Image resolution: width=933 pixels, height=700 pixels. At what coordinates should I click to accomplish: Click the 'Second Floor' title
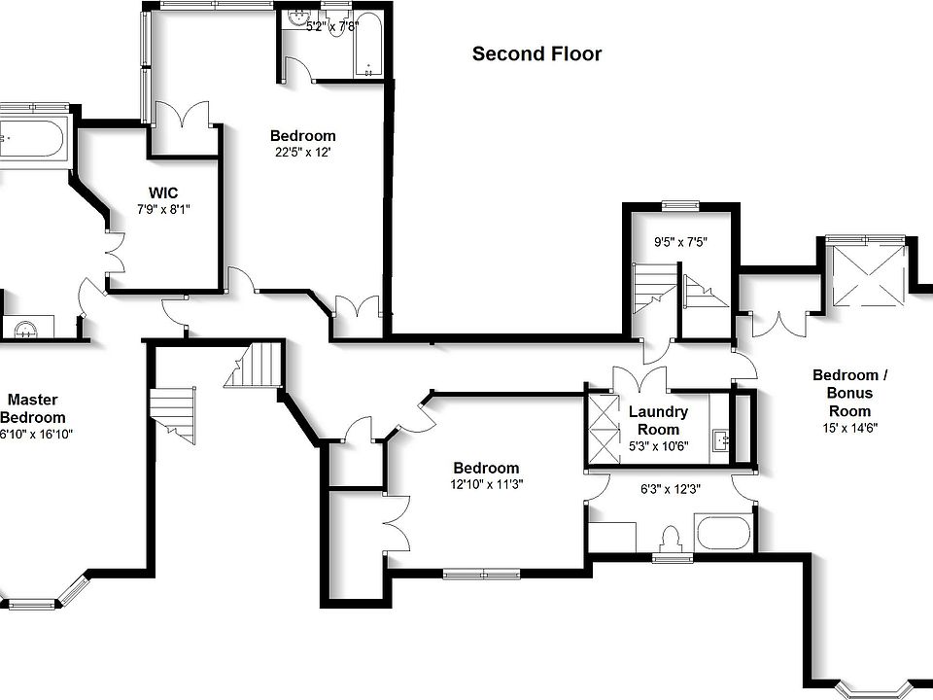536,53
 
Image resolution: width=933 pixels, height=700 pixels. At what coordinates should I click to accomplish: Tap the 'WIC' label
162,192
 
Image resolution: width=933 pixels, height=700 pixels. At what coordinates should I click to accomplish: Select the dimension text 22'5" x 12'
303,152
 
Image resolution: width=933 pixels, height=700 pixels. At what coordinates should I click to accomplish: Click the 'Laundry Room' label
658,420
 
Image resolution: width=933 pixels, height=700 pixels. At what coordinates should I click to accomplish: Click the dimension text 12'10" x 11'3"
487,484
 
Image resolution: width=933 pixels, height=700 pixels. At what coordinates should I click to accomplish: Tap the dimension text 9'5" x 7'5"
677,241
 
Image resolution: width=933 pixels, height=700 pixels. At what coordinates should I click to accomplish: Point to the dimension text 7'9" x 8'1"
162,209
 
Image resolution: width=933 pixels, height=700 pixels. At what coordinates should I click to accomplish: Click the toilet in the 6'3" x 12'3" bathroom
669,538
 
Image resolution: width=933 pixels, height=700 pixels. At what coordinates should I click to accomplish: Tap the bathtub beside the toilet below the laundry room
722,534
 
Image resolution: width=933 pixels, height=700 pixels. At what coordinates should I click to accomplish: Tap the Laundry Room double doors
639,377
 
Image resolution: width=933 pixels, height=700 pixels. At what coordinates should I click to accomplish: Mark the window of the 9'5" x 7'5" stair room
679,205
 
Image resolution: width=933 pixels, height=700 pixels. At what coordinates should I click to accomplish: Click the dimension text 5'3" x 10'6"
658,446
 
